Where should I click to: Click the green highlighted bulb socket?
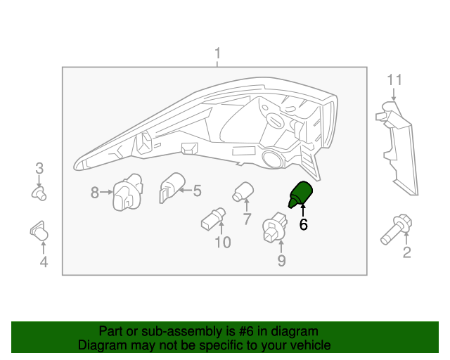[x=300, y=194]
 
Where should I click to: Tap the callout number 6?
[x=303, y=224]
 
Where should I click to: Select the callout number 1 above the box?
[x=217, y=53]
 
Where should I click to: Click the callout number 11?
[x=394, y=80]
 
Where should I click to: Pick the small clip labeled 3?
[x=39, y=193]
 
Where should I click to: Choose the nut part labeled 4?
[x=39, y=231]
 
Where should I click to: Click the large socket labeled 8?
[x=128, y=192]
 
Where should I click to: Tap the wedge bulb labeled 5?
[x=172, y=188]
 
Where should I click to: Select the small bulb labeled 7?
[x=243, y=192]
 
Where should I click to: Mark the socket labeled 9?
[x=275, y=227]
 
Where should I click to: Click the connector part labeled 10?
[x=213, y=219]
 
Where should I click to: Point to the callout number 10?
[x=223, y=243]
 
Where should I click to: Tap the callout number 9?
[x=281, y=261]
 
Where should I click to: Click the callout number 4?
[x=44, y=262]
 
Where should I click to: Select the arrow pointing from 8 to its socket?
[x=106, y=192]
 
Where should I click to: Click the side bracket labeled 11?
[x=397, y=148]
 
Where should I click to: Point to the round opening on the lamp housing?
[x=273, y=159]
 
